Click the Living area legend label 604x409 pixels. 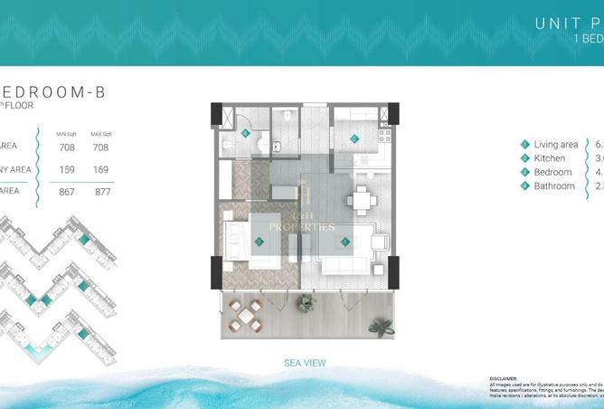click(555, 145)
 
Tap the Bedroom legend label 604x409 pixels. click(552, 172)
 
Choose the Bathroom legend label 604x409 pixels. click(554, 185)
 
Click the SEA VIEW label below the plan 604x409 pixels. click(305, 363)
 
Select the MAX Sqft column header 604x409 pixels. click(101, 133)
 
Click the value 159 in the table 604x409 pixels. click(67, 167)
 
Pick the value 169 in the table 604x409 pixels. click(101, 167)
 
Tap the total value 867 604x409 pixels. click(67, 191)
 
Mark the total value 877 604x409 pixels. click(101, 191)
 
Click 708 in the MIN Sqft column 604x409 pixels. click(67, 147)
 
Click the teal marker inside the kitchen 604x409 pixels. click(354, 139)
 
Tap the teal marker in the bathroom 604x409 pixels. click(246, 133)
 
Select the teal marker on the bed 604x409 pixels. click(260, 242)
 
